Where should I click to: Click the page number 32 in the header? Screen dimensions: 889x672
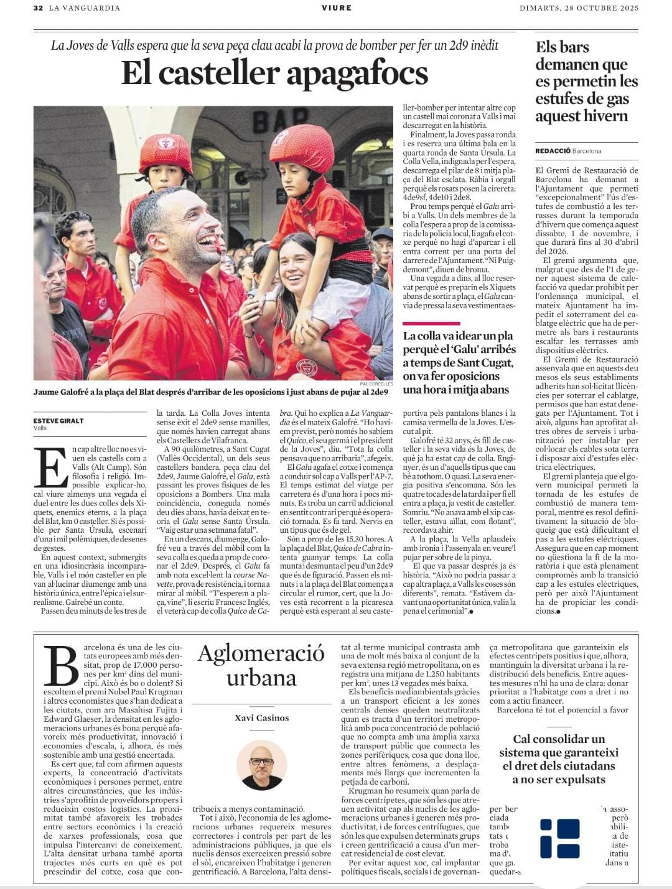(38, 8)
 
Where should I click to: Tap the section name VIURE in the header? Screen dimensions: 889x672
(337, 8)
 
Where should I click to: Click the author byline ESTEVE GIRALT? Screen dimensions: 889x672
(58, 421)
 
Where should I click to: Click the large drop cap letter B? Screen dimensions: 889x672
(62, 666)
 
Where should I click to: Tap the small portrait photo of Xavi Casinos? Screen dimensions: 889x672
(261, 765)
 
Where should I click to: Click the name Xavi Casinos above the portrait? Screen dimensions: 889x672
(261, 718)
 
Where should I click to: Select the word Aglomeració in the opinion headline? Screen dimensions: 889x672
(261, 653)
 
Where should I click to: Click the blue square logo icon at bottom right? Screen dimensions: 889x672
(560, 838)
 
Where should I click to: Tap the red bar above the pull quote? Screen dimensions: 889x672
(431, 324)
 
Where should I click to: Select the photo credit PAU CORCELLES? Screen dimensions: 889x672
(376, 384)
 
